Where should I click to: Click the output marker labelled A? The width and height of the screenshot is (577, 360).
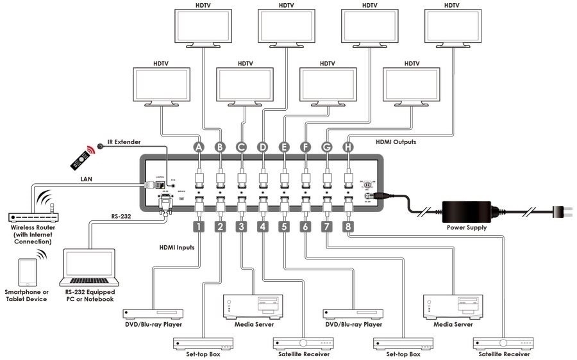(199, 147)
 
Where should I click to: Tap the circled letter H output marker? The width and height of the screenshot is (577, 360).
(349, 147)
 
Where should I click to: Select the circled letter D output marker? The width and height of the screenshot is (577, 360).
(263, 147)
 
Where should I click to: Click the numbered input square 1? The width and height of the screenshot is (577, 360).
(199, 226)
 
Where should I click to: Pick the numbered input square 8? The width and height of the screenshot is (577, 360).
(349, 226)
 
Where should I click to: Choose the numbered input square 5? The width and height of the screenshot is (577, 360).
(285, 226)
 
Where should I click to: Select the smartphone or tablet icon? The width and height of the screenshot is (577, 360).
(26, 272)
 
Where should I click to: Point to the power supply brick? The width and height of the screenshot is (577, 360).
(465, 211)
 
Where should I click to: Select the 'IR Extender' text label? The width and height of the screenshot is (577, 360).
(122, 142)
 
